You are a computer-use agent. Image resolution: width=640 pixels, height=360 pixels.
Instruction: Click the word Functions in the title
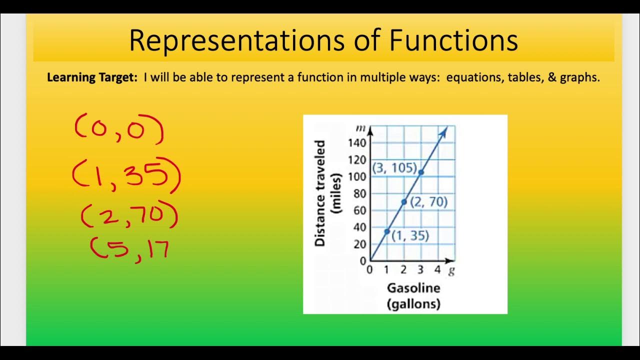453,41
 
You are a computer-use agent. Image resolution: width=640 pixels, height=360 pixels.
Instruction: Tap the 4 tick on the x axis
437,270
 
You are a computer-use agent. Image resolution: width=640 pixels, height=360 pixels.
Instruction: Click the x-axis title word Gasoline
413,288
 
